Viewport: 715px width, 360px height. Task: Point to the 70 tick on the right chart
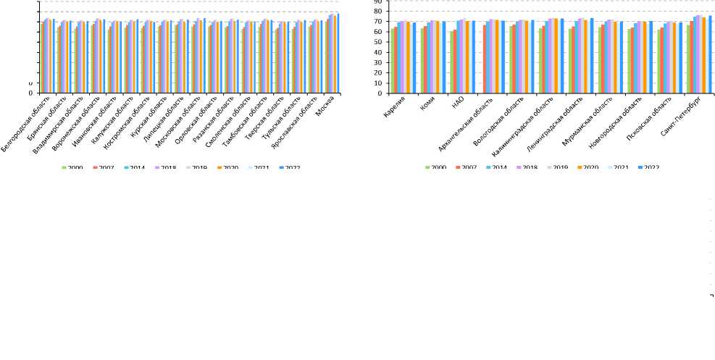click(377, 22)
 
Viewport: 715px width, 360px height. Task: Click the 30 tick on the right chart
click(377, 63)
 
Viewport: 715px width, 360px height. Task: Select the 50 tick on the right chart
click(377, 42)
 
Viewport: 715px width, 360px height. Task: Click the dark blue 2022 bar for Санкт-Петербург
click(710, 54)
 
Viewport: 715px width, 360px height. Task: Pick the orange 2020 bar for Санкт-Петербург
click(703, 55)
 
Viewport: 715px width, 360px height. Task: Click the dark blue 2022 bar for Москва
click(338, 53)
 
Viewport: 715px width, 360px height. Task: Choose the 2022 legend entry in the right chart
click(647, 168)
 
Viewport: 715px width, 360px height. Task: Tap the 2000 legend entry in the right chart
click(435, 168)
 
